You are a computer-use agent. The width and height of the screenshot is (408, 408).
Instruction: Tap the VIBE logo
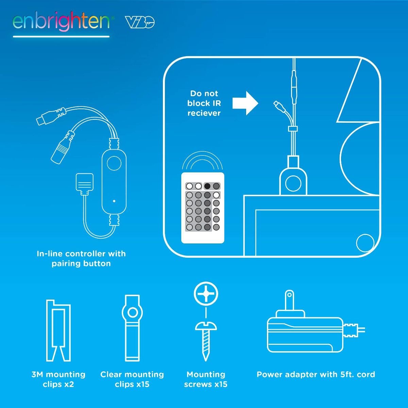click(x=140, y=22)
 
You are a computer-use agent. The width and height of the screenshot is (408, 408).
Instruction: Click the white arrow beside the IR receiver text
click(x=245, y=103)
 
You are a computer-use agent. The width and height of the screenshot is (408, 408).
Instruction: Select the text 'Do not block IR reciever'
click(x=204, y=103)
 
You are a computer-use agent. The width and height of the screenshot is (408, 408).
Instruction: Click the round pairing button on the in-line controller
click(x=114, y=163)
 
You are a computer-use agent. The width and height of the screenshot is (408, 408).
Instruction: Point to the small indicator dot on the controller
click(x=114, y=201)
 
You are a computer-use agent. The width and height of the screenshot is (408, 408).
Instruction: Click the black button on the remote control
click(x=207, y=186)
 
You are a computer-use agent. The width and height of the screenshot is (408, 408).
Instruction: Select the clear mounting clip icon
click(x=132, y=328)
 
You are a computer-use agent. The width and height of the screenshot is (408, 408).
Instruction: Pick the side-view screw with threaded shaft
click(x=206, y=341)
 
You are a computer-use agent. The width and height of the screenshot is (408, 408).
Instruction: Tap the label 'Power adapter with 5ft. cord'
click(x=316, y=374)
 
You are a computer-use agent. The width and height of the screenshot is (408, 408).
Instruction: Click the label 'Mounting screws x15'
click(x=206, y=379)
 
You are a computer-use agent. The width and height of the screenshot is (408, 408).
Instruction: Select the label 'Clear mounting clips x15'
click(x=132, y=379)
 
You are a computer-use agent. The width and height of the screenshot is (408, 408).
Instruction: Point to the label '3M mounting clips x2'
click(x=58, y=379)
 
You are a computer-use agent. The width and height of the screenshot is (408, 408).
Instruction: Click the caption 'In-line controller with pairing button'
click(x=81, y=258)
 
